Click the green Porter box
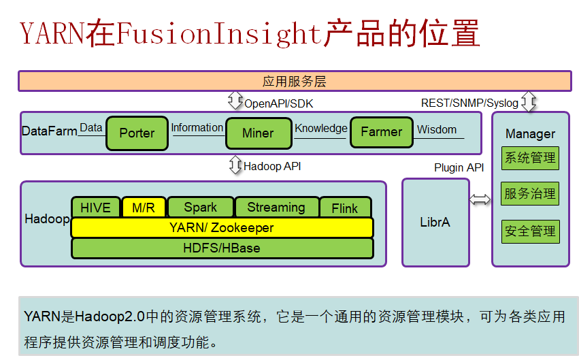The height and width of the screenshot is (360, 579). (x=137, y=133)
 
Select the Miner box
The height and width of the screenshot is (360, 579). (x=258, y=133)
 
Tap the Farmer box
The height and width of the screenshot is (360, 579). (x=381, y=132)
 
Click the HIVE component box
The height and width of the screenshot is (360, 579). (x=95, y=208)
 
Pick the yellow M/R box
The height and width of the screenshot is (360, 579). (x=143, y=208)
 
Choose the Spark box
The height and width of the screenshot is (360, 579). (x=200, y=208)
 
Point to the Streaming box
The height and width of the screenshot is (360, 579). (x=276, y=208)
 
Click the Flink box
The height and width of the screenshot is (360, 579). (x=345, y=208)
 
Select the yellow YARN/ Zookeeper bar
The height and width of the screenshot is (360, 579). (x=222, y=228)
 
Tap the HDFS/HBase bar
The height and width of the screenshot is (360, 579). (x=222, y=248)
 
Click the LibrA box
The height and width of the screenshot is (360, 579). (x=435, y=223)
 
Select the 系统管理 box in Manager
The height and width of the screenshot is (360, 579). (x=530, y=158)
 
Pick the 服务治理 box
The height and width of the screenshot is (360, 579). (x=530, y=194)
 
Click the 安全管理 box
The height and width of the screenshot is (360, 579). (x=530, y=231)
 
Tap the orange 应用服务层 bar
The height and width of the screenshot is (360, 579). (x=295, y=81)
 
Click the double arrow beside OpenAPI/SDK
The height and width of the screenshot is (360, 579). (x=235, y=102)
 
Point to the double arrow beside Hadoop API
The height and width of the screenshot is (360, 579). (x=235, y=165)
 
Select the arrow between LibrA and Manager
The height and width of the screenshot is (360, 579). (x=480, y=199)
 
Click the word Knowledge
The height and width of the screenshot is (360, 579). (x=320, y=128)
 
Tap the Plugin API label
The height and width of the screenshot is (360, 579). (x=459, y=167)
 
